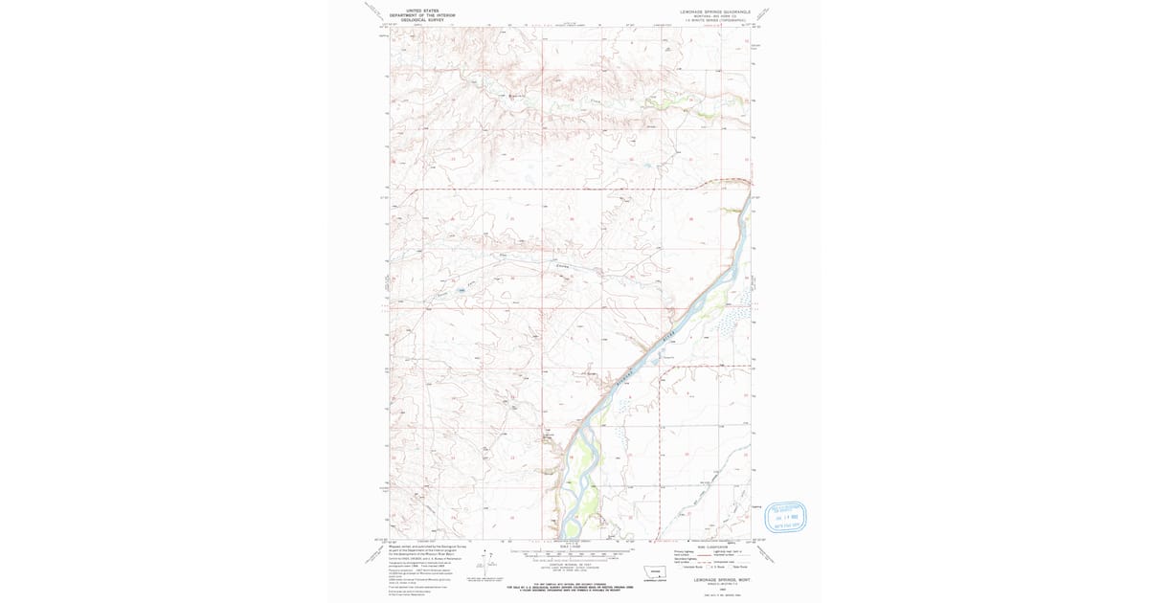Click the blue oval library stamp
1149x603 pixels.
pos(785,516)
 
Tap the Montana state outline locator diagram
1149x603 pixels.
pos(657,573)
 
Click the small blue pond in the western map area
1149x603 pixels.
pos(461,290)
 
